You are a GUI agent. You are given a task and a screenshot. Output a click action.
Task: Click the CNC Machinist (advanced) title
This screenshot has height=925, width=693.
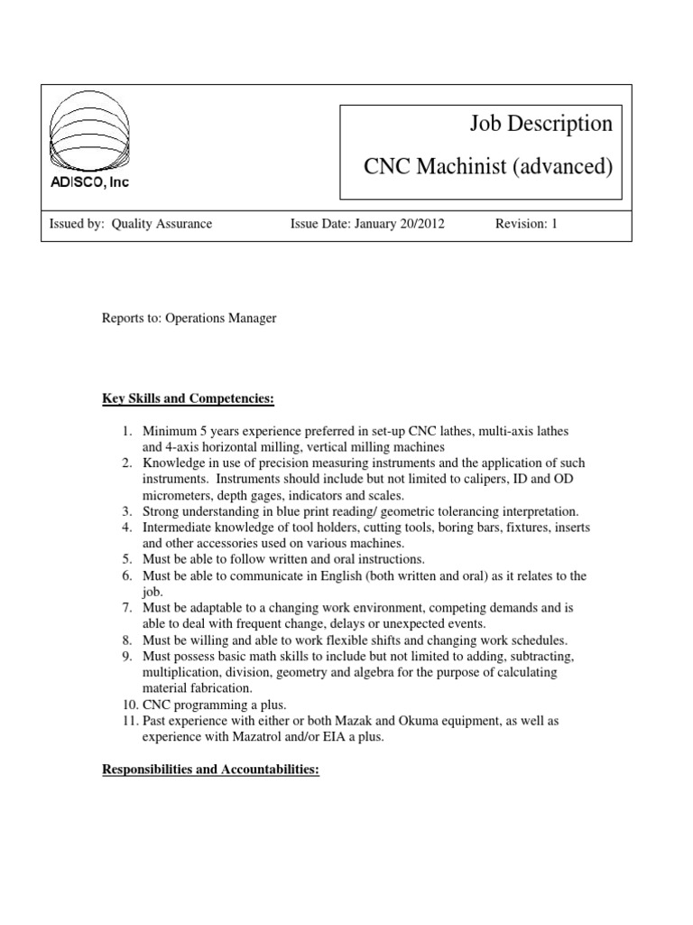point(487,167)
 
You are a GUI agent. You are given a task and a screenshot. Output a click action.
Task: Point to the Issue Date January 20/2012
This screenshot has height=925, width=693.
point(367,224)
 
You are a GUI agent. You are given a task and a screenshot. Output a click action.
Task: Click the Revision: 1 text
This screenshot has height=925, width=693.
point(527,224)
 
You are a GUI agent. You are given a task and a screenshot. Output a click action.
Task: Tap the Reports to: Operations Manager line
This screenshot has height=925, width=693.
point(189,319)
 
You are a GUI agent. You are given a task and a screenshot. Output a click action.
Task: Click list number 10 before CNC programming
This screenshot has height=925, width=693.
point(126,705)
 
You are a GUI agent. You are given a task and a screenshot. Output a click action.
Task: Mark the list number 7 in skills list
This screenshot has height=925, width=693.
point(129,608)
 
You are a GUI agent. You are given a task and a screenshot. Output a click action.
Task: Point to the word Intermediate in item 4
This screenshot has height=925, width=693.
point(177,527)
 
